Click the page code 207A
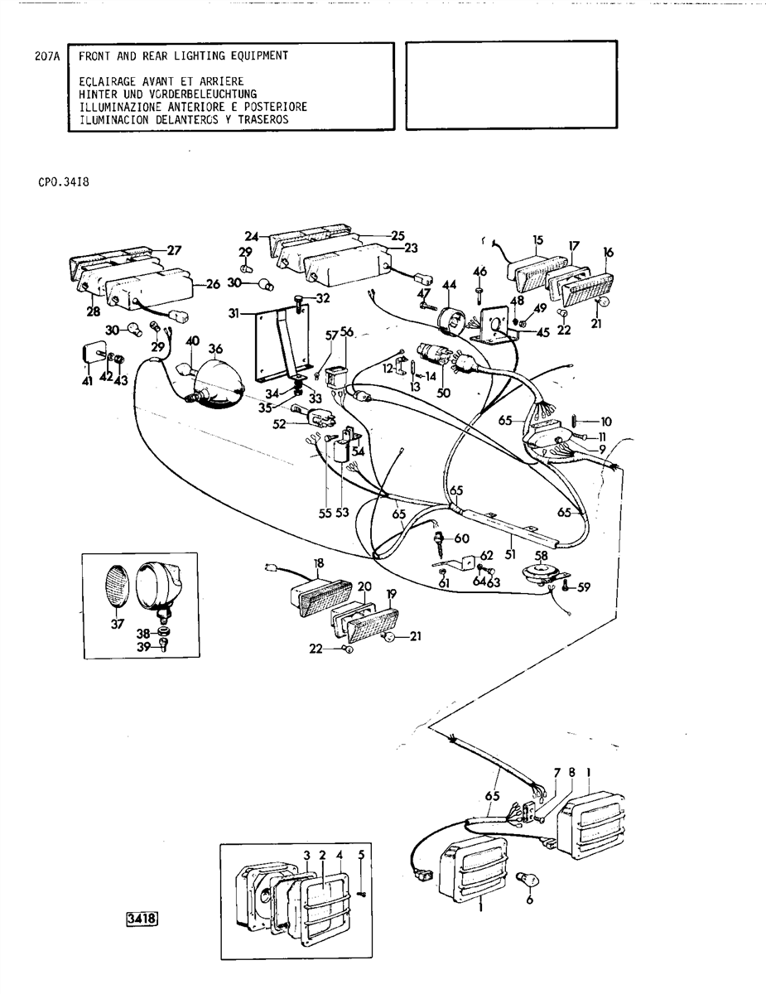(x=49, y=57)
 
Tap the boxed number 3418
(x=141, y=918)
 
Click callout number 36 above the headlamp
(x=215, y=349)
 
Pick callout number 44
(x=450, y=286)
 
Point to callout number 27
(x=173, y=249)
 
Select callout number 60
(x=461, y=538)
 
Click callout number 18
(x=318, y=562)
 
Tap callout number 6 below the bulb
(x=528, y=901)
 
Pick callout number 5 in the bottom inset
(x=361, y=855)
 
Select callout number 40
(x=192, y=340)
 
